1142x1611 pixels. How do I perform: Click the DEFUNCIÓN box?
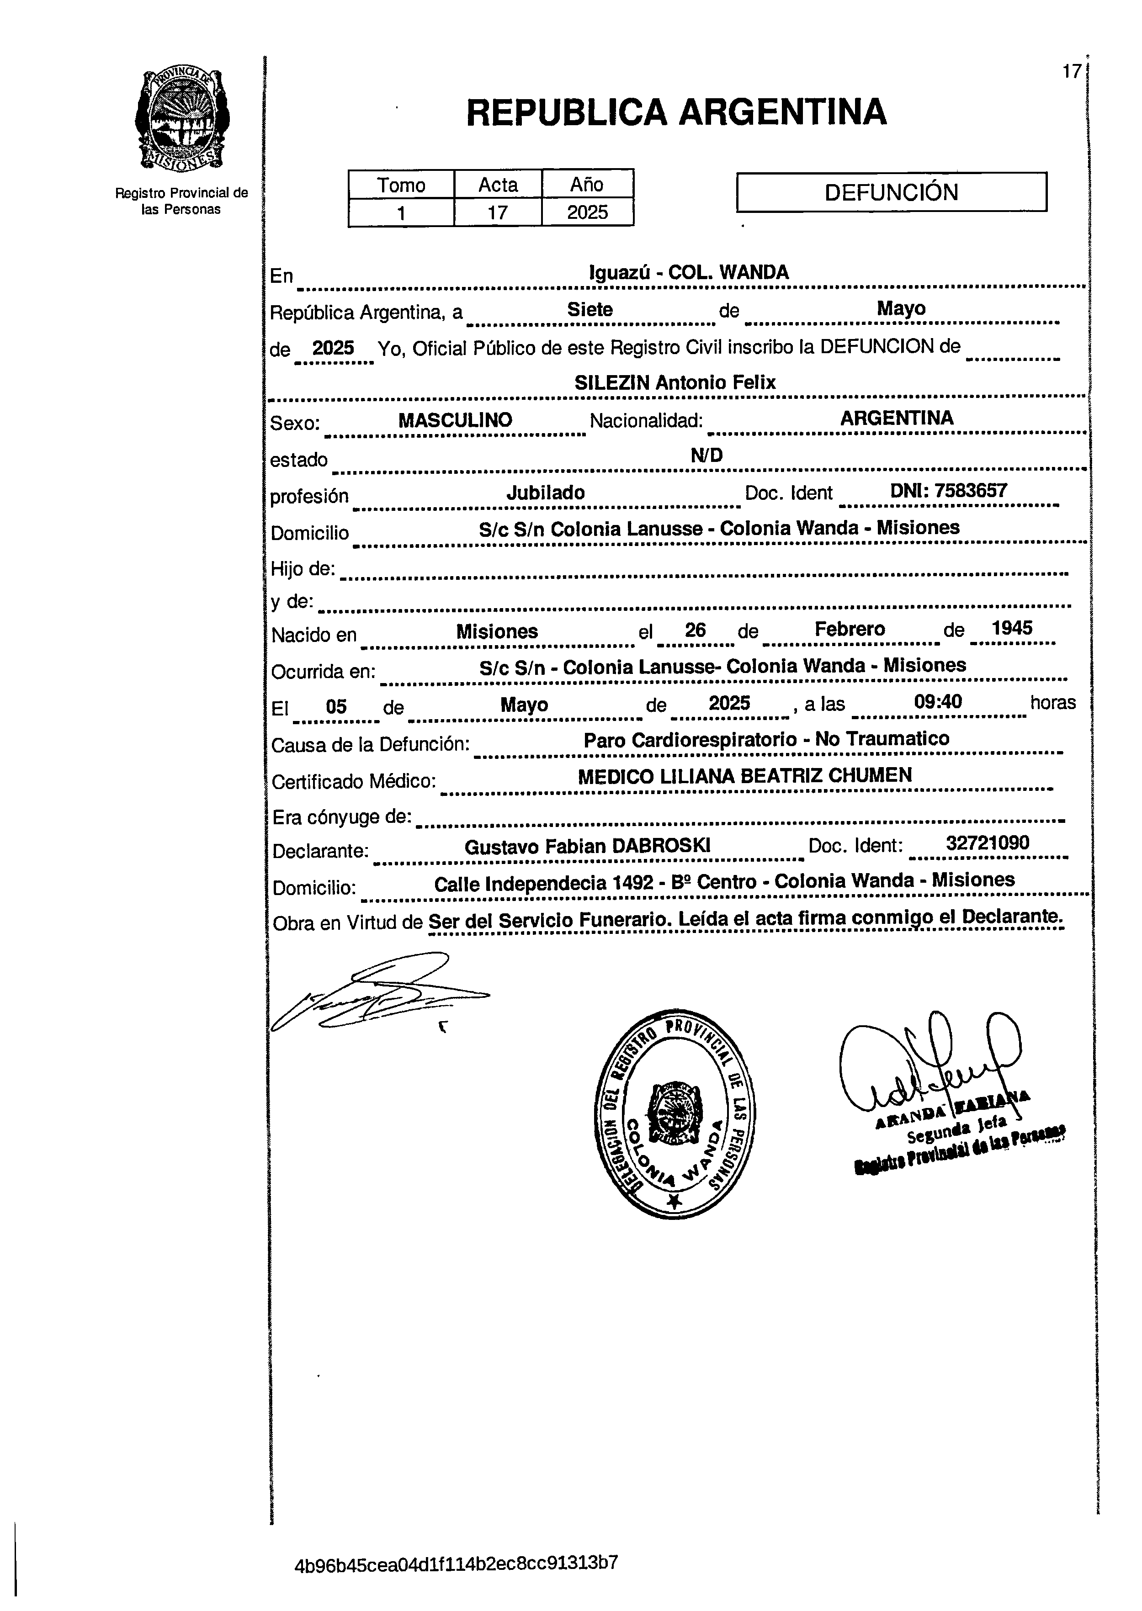891,192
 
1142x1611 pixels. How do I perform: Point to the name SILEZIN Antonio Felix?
675,382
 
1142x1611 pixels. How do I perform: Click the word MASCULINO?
455,420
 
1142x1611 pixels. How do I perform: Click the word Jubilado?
546,493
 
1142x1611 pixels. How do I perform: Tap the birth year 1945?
1011,628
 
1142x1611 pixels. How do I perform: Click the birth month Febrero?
850,629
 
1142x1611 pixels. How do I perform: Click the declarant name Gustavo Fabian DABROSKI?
587,846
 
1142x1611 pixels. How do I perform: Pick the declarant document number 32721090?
987,843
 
